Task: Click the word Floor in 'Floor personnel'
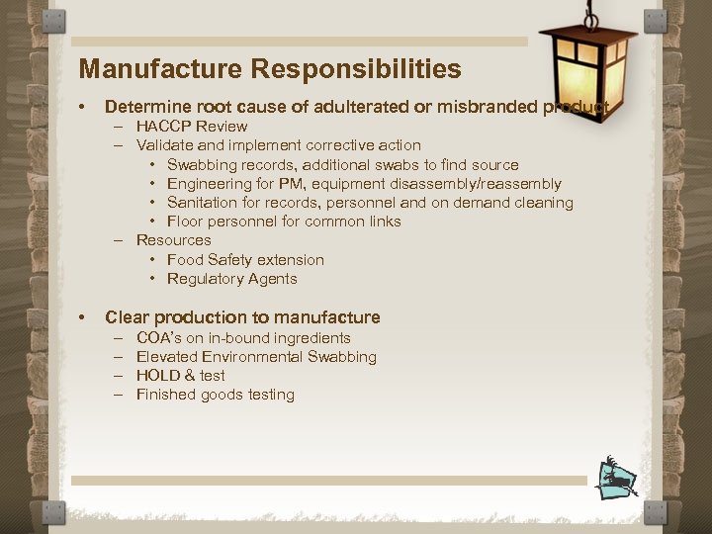[x=185, y=222]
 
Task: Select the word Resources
[x=173, y=240]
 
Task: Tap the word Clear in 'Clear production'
[x=126, y=317]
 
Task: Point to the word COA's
[x=158, y=338]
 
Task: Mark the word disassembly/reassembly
[x=485, y=184]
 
